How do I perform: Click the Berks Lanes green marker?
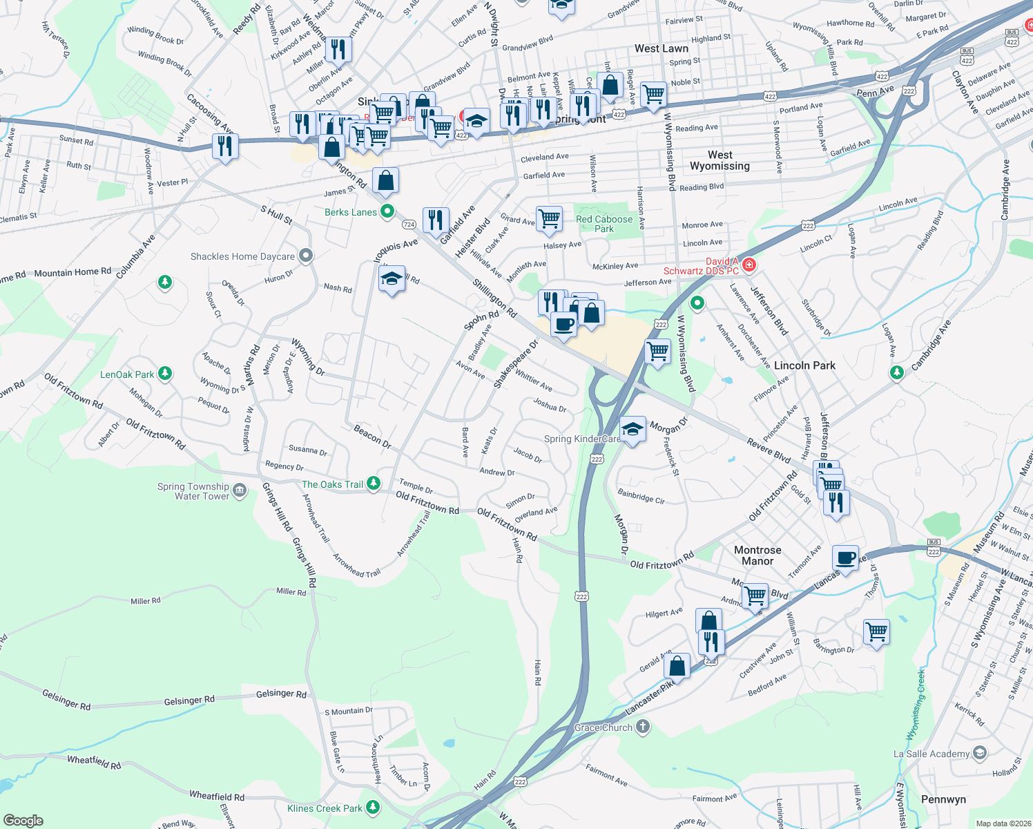[387, 211]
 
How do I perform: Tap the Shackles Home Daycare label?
[242, 256]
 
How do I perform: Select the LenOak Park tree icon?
[164, 374]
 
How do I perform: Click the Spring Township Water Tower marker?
[240, 491]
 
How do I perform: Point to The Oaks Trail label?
[332, 484]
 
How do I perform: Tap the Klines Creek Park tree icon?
[373, 807]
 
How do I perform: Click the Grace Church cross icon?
[642, 726]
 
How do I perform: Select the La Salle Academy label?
[931, 754]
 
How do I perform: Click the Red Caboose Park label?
[604, 224]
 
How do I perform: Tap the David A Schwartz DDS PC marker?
[749, 265]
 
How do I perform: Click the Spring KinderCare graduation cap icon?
[633, 430]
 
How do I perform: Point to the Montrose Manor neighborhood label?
[757, 555]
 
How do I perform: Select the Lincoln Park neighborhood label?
[804, 365]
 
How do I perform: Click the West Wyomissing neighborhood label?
[720, 160]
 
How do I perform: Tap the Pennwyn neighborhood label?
[943, 799]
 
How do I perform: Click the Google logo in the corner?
[23, 820]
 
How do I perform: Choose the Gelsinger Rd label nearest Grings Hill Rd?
[281, 694]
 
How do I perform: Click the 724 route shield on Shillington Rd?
[409, 225]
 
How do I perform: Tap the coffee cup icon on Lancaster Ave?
[845, 557]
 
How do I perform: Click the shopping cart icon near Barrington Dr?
[876, 631]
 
